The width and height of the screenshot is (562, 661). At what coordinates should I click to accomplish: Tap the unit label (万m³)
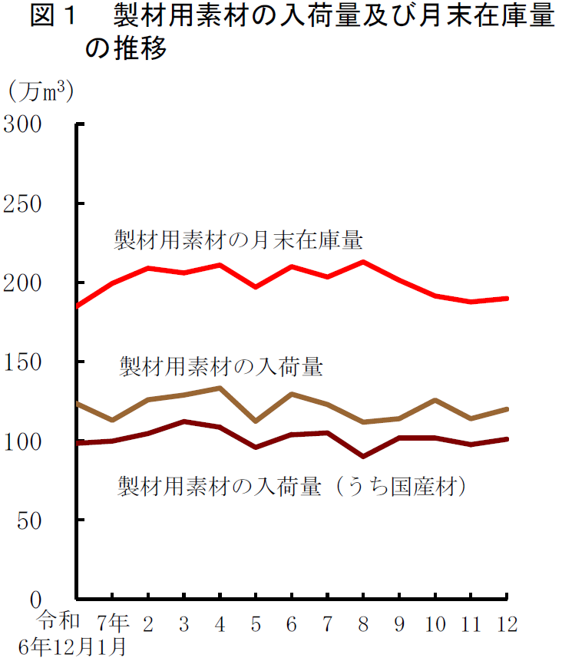(x=41, y=91)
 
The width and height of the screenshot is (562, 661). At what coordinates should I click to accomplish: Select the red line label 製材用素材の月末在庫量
(x=238, y=240)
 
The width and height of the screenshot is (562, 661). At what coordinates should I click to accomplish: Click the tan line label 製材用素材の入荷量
(x=220, y=366)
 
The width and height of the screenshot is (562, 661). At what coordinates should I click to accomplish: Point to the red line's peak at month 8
(x=363, y=262)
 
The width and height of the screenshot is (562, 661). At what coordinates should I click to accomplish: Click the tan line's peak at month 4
(x=220, y=388)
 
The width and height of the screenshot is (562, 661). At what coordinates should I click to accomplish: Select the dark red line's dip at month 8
(x=363, y=456)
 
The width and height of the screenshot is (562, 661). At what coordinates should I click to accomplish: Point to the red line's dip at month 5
(x=256, y=287)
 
